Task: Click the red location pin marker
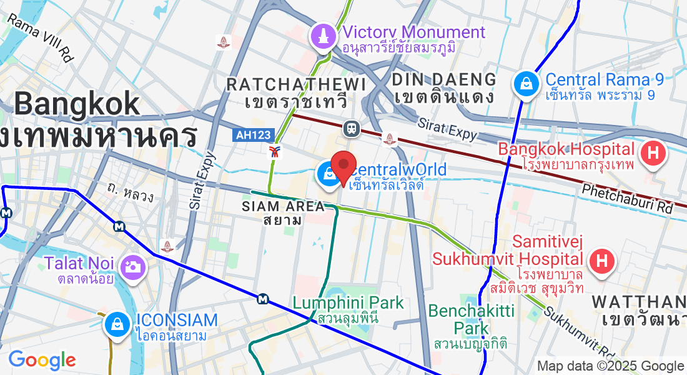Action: (x=343, y=166)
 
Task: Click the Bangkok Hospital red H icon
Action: (x=653, y=151)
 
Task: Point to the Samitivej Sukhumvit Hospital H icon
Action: (x=602, y=261)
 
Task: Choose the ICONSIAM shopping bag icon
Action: (x=117, y=323)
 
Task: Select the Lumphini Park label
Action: (x=348, y=304)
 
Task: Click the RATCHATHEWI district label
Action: (x=296, y=84)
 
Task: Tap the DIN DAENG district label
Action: (x=445, y=80)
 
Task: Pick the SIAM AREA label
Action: (x=284, y=206)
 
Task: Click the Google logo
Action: (x=42, y=360)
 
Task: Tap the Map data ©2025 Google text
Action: (x=610, y=366)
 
